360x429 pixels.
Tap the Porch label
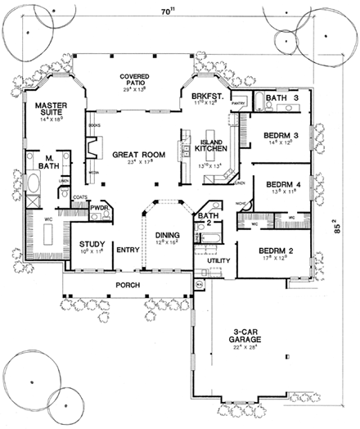point(127,285)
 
